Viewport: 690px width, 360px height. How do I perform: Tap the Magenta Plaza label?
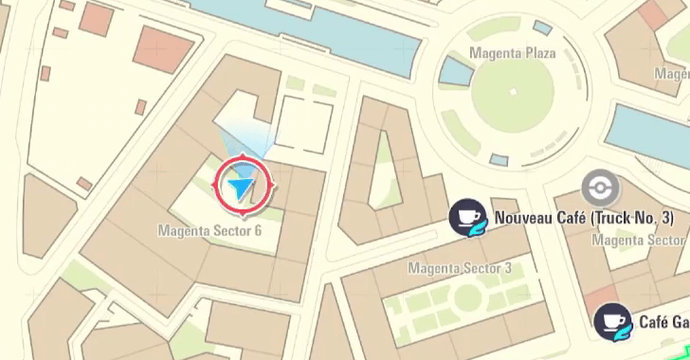513,53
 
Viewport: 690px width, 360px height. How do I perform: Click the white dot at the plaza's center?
513,92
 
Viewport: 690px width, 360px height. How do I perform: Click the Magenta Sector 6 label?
209,230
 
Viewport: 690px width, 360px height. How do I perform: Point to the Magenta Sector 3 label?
460,268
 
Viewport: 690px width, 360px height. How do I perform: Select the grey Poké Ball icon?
597,187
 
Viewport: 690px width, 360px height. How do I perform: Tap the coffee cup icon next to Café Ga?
611,322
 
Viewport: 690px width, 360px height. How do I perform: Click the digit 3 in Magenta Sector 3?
507,268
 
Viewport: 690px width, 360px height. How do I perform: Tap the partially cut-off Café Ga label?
663,322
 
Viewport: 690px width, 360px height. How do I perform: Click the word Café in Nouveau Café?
572,218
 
